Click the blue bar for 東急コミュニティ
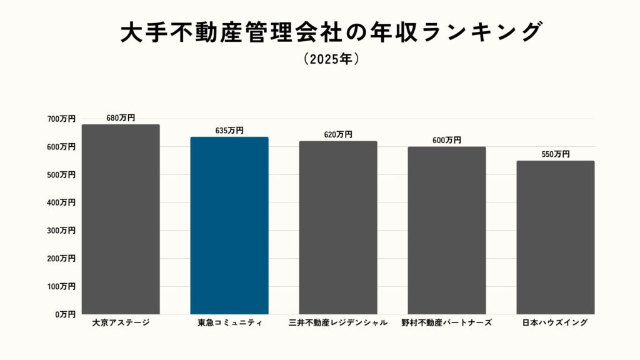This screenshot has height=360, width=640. (x=229, y=225)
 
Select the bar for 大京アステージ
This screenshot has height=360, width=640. (x=121, y=219)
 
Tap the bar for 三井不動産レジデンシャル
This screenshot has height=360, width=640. (x=338, y=227)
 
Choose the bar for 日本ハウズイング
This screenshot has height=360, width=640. (x=556, y=237)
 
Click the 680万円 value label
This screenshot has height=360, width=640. (x=121, y=117)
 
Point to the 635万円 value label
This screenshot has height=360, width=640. (x=229, y=131)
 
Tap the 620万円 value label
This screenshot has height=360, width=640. (x=338, y=134)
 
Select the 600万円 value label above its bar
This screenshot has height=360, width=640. (x=447, y=141)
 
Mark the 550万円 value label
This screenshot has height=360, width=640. (x=556, y=154)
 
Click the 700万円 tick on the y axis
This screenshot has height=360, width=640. (x=61, y=119)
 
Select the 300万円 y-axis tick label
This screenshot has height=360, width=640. (x=61, y=231)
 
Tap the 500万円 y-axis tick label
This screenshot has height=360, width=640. (x=61, y=175)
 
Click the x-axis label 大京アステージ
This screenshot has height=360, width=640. (x=121, y=323)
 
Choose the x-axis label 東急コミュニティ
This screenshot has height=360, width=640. (x=229, y=323)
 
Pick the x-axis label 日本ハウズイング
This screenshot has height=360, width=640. (x=556, y=323)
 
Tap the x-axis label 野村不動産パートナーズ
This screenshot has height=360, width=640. (x=447, y=323)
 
